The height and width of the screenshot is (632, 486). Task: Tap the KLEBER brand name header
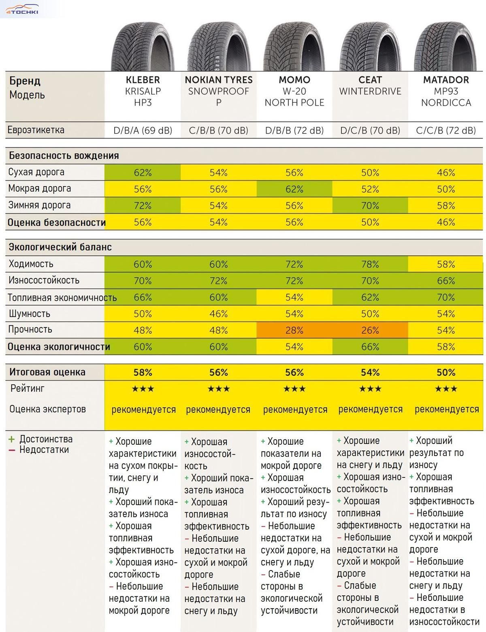tap(143, 80)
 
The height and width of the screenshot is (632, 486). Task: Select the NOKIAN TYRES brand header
tap(219, 80)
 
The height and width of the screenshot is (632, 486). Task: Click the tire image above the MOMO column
tap(294, 47)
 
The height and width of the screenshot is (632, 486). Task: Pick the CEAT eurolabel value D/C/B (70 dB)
tap(370, 131)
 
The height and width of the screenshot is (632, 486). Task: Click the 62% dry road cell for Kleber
tap(143, 173)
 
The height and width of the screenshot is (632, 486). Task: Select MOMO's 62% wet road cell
tap(294, 189)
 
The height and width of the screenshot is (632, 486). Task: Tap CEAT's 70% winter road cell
tap(370, 206)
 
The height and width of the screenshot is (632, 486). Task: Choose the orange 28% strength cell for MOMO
tap(294, 330)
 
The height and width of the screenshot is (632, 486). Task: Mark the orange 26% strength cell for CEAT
tap(370, 330)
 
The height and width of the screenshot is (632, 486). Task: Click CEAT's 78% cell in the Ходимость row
tap(370, 264)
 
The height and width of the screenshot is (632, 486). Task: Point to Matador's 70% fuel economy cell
tap(446, 297)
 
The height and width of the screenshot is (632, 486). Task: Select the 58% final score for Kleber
tap(143, 372)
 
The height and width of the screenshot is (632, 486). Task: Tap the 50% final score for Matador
tap(446, 372)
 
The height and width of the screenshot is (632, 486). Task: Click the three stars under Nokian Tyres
tap(219, 389)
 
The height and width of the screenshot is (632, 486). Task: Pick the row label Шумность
tap(29, 314)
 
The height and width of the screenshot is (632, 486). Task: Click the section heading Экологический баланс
tap(60, 247)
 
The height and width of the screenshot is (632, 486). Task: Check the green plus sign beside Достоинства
tap(11, 439)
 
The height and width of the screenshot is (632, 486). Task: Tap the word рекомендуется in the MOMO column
tap(295, 409)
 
